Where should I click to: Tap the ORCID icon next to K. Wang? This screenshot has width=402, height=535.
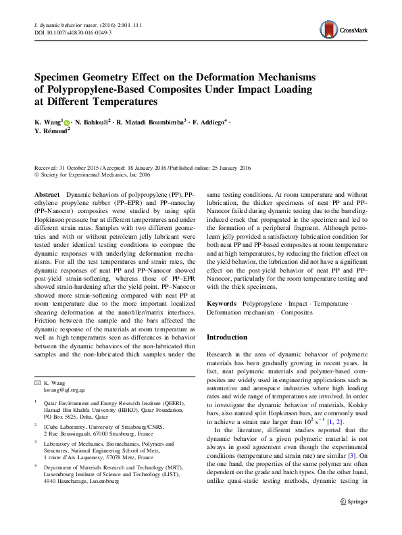coord(67,122)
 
